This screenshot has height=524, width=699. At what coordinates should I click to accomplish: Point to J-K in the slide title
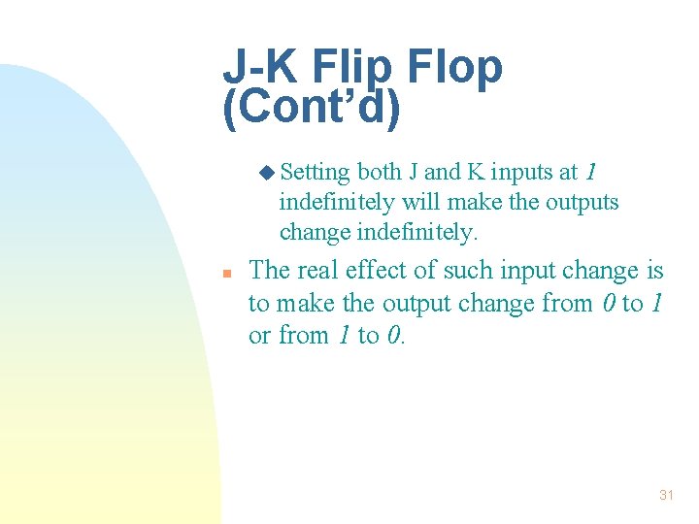254,68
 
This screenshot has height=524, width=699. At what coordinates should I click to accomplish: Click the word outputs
581,203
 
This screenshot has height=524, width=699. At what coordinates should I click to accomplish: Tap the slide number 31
666,495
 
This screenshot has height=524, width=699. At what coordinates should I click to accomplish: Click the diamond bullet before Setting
268,173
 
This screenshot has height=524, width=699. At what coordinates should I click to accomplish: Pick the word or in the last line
259,337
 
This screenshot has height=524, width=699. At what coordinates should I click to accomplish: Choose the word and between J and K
443,173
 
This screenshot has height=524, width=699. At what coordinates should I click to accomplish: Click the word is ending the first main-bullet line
654,270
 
